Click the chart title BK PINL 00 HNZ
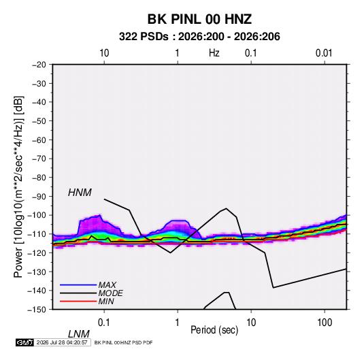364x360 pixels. point(199,19)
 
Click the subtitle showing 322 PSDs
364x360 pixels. point(199,37)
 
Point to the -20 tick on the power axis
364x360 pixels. point(39,65)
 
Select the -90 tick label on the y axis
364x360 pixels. point(39,197)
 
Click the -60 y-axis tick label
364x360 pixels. point(39,140)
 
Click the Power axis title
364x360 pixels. point(18,187)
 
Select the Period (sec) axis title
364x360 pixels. point(214,330)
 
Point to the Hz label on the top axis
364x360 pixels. point(214,53)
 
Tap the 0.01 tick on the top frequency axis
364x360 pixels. point(324,53)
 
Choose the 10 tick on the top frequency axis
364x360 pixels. point(104,53)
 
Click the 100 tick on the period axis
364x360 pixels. point(325,322)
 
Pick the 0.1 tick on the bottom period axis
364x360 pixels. point(104,322)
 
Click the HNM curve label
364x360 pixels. point(80,193)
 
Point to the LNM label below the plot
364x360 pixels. point(78,334)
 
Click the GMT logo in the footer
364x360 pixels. point(24,342)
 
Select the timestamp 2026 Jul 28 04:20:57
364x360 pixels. point(62,342)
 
